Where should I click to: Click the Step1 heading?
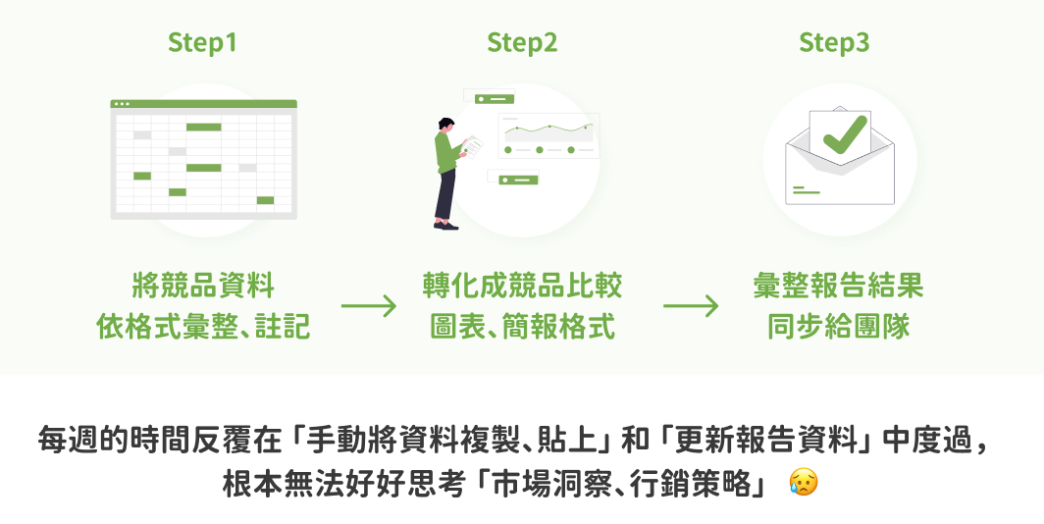(202, 42)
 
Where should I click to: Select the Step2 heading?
(522, 42)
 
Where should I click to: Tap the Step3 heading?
(834, 42)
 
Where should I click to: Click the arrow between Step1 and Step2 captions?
(369, 305)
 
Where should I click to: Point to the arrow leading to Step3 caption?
(691, 305)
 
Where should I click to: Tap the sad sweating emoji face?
(803, 483)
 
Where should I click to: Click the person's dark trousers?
(445, 197)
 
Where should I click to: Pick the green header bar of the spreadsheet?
(203, 104)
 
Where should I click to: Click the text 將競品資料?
(203, 287)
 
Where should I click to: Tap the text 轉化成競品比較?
(522, 287)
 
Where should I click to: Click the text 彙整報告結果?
(838, 287)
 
